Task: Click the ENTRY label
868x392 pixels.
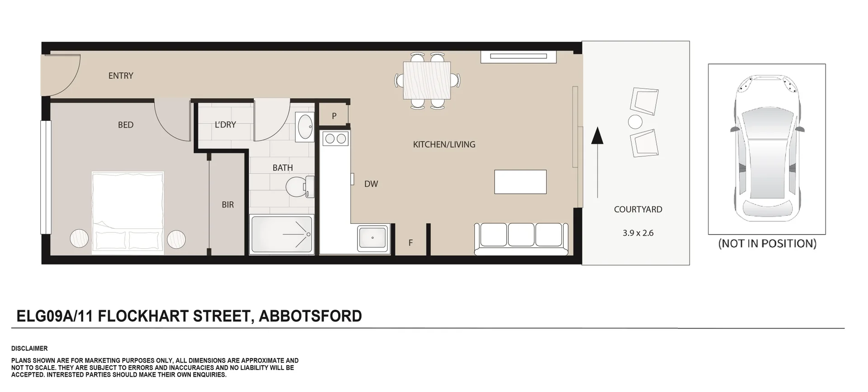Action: tap(121, 76)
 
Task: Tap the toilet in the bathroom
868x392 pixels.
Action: tap(299, 186)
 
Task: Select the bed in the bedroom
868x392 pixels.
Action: tap(127, 212)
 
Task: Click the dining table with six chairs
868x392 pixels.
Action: tap(427, 80)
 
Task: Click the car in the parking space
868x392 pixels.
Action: tap(767, 147)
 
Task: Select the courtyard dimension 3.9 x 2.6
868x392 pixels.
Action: tap(638, 233)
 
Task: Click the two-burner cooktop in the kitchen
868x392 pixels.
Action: tap(335, 139)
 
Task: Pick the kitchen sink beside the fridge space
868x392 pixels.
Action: tap(372, 237)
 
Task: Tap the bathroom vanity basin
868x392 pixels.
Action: tap(305, 127)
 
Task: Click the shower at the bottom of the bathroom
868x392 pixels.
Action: tap(281, 235)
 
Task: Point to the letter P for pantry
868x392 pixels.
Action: tap(334, 116)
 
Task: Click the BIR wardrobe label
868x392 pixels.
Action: tap(228, 205)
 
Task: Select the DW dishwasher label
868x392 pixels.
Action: tap(371, 184)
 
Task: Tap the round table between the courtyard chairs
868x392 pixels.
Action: tap(635, 122)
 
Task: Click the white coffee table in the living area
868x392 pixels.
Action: tap(520, 182)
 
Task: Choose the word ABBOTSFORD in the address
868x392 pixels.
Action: tap(310, 316)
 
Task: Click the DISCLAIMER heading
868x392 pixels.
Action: tap(29, 349)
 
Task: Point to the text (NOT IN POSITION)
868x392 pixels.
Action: tap(767, 244)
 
